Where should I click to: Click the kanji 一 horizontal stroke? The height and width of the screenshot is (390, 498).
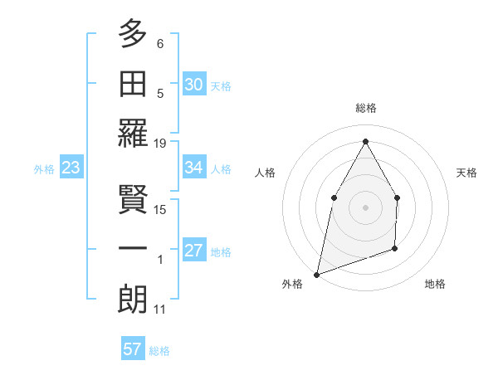coord(134,246)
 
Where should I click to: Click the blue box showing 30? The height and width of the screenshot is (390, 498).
coord(193,85)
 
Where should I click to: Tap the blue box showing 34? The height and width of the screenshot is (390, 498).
coord(193,168)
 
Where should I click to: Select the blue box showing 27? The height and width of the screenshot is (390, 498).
coord(193,251)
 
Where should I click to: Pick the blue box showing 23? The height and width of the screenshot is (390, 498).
coord(71,168)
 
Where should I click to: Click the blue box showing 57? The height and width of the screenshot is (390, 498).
coord(132,349)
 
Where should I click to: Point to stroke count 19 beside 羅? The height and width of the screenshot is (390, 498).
coord(160,144)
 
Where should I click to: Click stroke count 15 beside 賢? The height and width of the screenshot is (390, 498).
coord(160,209)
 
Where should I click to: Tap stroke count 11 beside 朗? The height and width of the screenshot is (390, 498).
coord(160,310)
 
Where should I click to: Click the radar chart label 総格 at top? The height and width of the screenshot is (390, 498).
coord(365,108)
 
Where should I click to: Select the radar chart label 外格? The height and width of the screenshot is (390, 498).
coord(292,284)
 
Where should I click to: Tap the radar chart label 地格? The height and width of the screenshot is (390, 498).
coord(435,284)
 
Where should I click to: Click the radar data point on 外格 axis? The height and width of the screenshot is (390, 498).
coord(317,274)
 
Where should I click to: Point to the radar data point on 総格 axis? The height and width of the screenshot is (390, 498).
coord(365,140)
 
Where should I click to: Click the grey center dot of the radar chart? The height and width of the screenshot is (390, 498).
coord(365,207)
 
